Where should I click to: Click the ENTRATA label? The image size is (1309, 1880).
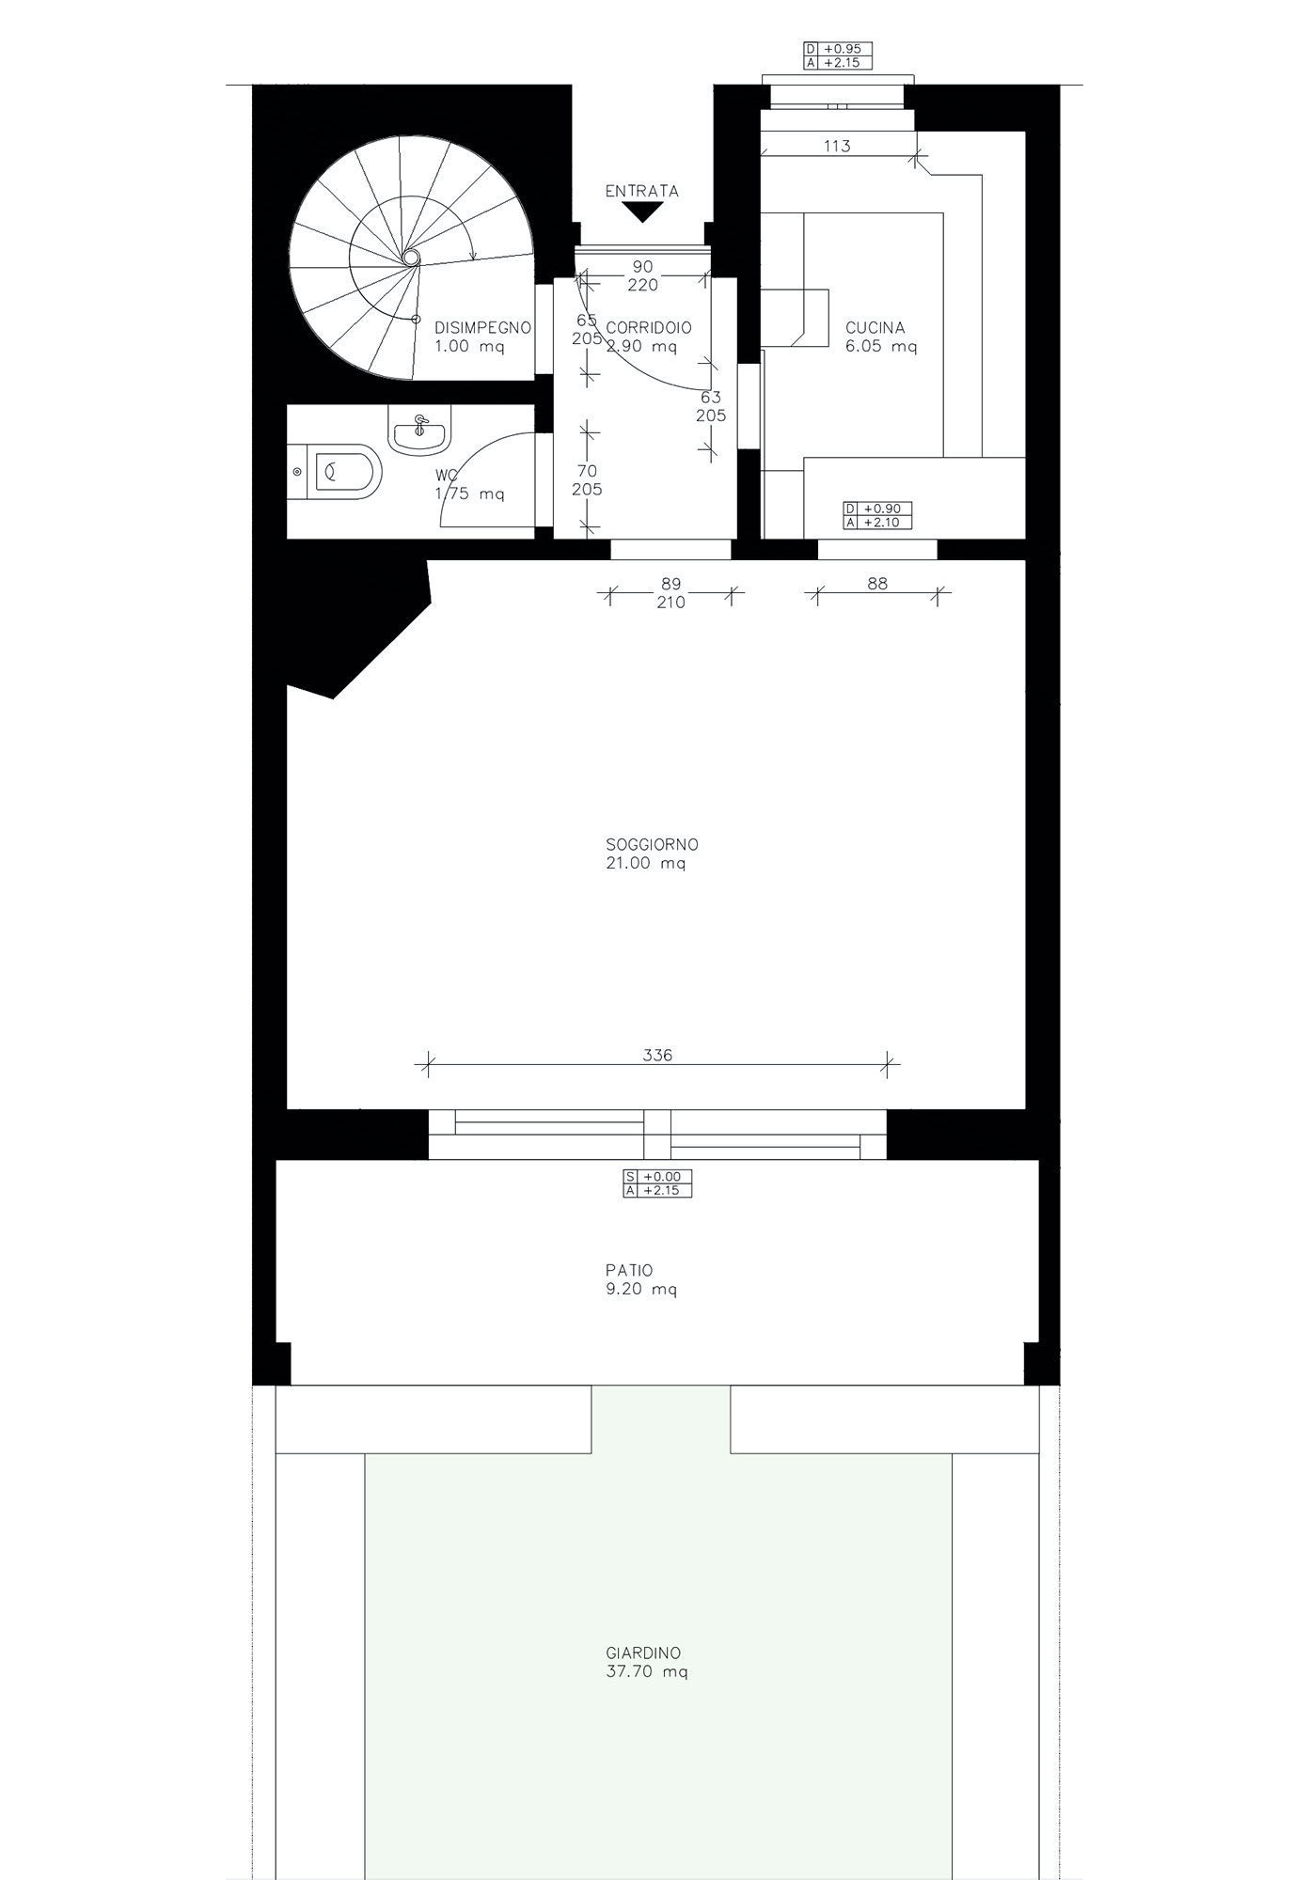pyautogui.click(x=641, y=191)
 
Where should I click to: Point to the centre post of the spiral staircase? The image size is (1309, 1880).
pyautogui.click(x=411, y=256)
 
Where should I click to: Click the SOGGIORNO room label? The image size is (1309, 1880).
pyautogui.click(x=653, y=844)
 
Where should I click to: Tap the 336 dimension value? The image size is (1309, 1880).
pyautogui.click(x=657, y=1055)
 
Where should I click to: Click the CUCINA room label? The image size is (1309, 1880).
pyautogui.click(x=875, y=328)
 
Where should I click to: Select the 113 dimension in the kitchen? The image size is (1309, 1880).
pyautogui.click(x=836, y=146)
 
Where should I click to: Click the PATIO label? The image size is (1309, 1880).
pyautogui.click(x=630, y=1270)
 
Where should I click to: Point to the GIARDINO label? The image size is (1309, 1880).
pyautogui.click(x=643, y=1653)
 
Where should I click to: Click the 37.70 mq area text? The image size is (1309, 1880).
pyautogui.click(x=647, y=1671)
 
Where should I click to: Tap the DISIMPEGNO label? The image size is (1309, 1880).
pyautogui.click(x=482, y=328)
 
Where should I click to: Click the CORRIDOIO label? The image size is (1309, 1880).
pyautogui.click(x=649, y=328)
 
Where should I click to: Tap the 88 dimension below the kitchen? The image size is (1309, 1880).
pyautogui.click(x=876, y=583)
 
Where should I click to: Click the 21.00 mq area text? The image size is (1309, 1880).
pyautogui.click(x=646, y=863)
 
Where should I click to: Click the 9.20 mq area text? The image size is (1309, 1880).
pyautogui.click(x=642, y=1289)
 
